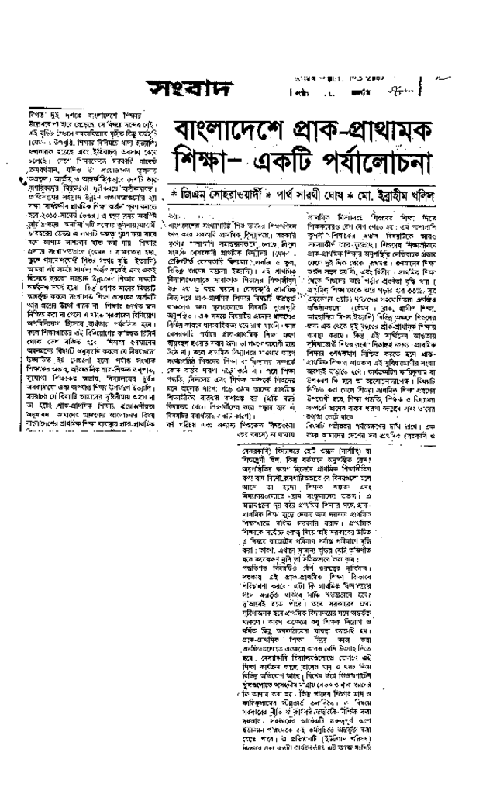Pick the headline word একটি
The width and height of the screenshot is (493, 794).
308,175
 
